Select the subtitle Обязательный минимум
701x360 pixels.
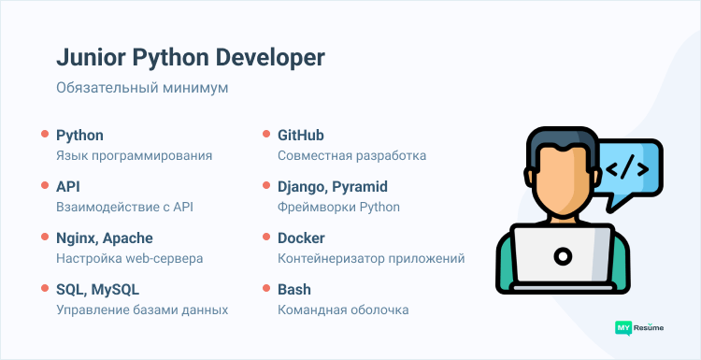[142, 89]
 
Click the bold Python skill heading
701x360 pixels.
[79, 136]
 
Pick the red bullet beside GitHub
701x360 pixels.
[266, 136]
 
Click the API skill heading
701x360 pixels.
[68, 187]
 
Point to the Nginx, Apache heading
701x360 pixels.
[104, 238]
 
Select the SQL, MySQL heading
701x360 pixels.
[97, 290]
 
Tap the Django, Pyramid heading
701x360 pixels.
[332, 187]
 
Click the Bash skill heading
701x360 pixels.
[294, 290]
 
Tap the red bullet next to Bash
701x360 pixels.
[266, 290]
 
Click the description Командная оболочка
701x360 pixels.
[343, 310]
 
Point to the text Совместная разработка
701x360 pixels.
[351, 155]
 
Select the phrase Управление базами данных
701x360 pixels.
[142, 310]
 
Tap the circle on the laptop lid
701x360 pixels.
[563, 254]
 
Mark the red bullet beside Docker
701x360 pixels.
[266, 238]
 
